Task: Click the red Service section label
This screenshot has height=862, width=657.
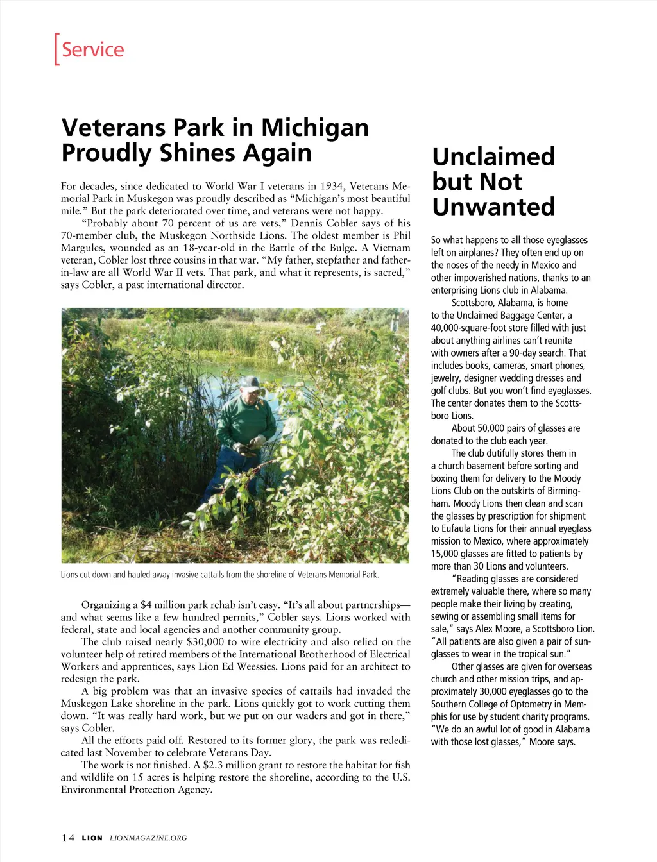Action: tap(92, 49)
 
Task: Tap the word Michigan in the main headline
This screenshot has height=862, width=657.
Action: tap(314, 127)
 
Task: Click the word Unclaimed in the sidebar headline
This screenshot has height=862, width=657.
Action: tap(493, 156)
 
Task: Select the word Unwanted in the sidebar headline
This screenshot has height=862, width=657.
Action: tap(493, 207)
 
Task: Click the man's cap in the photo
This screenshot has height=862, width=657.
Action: tap(248, 384)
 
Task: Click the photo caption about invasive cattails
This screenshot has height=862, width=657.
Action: tap(219, 575)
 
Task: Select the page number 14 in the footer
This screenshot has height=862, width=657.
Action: tap(68, 838)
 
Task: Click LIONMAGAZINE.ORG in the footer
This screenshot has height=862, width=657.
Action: tap(148, 838)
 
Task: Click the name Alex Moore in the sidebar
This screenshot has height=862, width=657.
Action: tap(497, 629)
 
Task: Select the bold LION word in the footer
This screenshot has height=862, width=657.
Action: tap(92, 838)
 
